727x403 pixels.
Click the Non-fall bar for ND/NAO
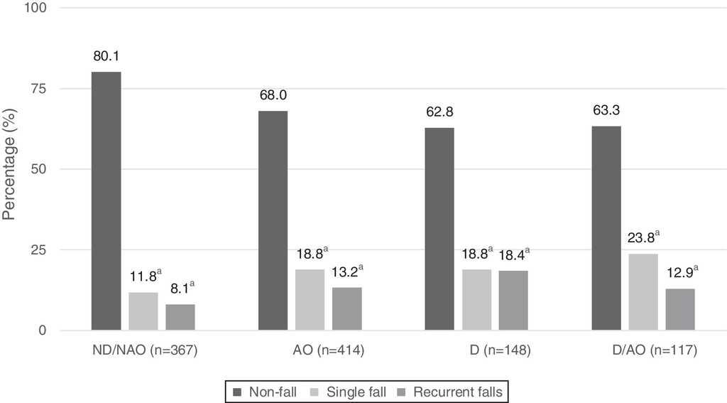pyautogui.click(x=106, y=201)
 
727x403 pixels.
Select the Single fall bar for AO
pyautogui.click(x=310, y=300)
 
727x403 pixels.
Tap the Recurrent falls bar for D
pyautogui.click(x=513, y=301)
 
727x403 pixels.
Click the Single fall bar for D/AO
pyautogui.click(x=643, y=292)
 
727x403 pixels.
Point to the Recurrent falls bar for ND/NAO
pyautogui.click(x=180, y=317)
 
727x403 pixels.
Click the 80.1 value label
pyautogui.click(x=106, y=56)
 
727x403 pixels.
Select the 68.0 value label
pyautogui.click(x=273, y=95)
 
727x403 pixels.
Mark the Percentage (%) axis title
pyautogui.click(x=10, y=169)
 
